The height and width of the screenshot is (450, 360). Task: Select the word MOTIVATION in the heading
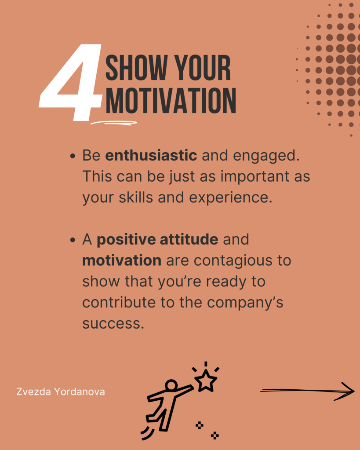tap(171, 100)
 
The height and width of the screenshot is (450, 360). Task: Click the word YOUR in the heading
tap(203, 68)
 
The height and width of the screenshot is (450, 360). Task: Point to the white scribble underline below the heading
tap(114, 123)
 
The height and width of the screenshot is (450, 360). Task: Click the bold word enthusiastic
tap(151, 155)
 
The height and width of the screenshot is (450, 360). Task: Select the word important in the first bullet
tap(255, 177)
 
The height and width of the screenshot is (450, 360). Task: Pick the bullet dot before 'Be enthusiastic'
tap(73, 156)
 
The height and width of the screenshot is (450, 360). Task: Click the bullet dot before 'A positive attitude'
tap(73, 240)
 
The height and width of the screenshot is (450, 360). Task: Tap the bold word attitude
tap(189, 239)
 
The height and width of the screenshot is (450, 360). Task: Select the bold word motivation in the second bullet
tap(122, 260)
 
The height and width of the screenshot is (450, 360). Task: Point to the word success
tap(113, 324)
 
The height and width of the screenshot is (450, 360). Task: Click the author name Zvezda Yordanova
tap(61, 392)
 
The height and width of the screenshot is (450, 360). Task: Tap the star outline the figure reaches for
tap(206, 381)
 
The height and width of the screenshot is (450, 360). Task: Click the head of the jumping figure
tap(171, 385)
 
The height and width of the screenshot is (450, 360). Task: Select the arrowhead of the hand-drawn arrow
tap(345, 391)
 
